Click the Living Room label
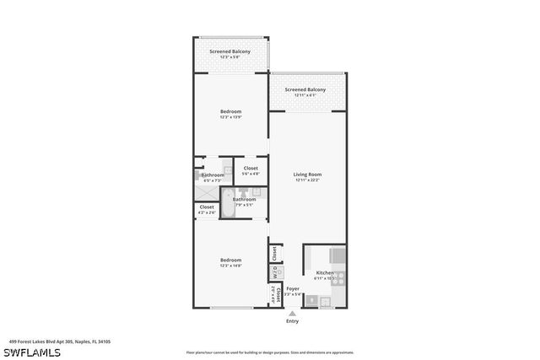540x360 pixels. point(308,175)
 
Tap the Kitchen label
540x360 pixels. point(326,273)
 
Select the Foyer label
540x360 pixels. point(293,288)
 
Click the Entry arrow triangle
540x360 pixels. point(292,312)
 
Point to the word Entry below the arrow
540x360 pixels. point(292,321)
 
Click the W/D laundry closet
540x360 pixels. point(275,272)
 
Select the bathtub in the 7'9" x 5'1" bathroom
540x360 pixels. point(228,203)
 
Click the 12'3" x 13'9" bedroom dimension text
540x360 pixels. point(231,118)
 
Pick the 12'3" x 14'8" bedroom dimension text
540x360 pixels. point(231,266)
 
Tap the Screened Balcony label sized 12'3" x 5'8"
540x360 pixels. point(231,52)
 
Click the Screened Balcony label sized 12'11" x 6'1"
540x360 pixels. point(305,89)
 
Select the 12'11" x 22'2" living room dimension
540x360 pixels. point(308,180)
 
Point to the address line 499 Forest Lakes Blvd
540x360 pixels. point(60,342)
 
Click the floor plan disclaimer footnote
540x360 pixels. point(270,352)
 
